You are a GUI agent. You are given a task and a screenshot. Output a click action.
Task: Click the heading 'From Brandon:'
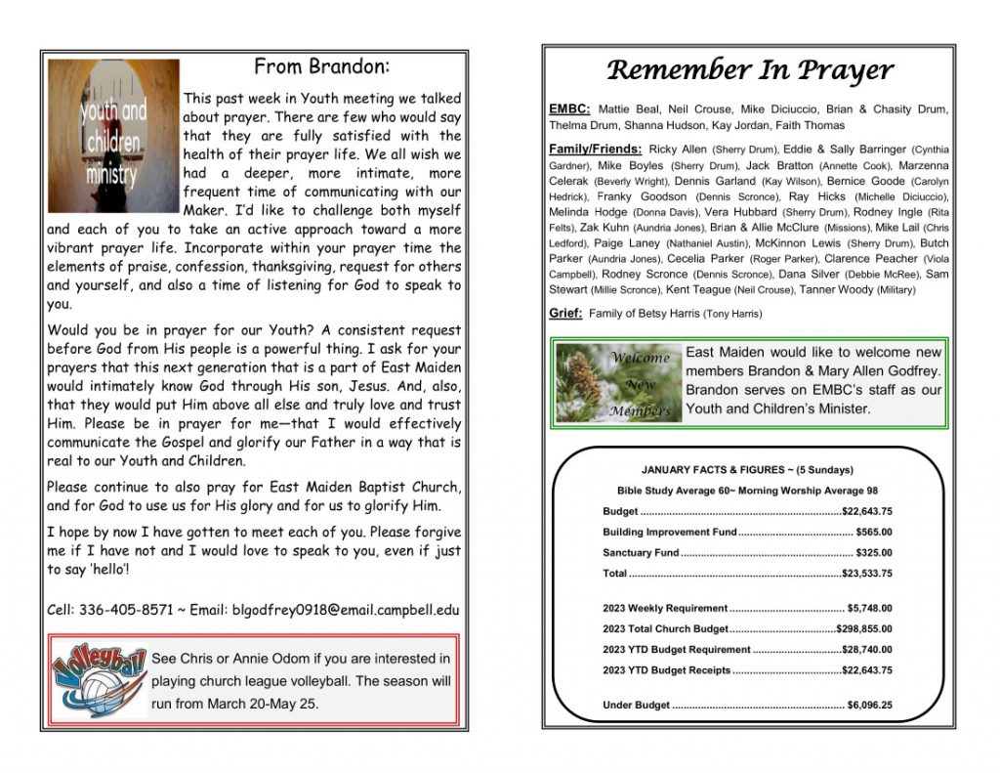pyautogui.click(x=321, y=67)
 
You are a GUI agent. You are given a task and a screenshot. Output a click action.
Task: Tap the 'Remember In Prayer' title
pyautogui.click(x=749, y=70)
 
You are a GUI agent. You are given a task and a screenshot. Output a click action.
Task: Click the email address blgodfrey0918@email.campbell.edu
pyautogui.click(x=345, y=610)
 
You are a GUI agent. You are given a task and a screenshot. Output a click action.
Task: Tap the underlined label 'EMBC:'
pyautogui.click(x=569, y=109)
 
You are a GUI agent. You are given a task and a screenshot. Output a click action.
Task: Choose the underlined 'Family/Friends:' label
pyautogui.click(x=595, y=149)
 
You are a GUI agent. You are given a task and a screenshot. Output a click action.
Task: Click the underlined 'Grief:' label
pyautogui.click(x=566, y=313)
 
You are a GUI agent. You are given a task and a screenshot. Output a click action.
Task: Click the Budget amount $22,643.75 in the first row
pyautogui.click(x=866, y=511)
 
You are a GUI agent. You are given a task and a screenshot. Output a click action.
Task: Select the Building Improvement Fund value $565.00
pyautogui.click(x=873, y=532)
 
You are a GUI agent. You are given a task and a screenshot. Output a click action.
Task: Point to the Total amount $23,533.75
pyautogui.click(x=866, y=574)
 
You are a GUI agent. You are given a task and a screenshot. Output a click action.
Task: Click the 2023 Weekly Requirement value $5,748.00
pyautogui.click(x=869, y=608)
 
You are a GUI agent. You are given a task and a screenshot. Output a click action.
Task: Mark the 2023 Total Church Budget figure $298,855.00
pyautogui.click(x=863, y=628)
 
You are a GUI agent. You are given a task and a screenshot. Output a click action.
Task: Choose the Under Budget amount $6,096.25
pyautogui.click(x=869, y=705)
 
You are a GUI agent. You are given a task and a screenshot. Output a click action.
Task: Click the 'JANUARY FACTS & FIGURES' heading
pyautogui.click(x=748, y=469)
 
